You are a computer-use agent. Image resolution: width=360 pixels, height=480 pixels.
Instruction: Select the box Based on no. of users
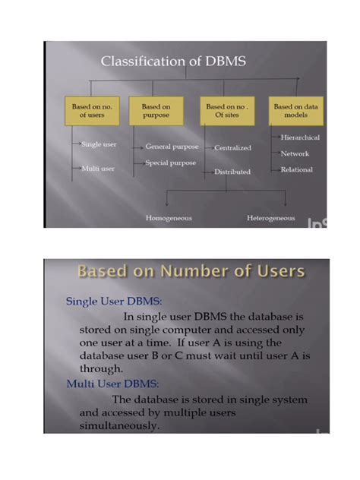[x=91, y=112]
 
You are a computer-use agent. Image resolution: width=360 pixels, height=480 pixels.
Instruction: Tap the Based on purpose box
[x=156, y=112]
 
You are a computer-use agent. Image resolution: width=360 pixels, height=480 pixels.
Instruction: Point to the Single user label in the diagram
[x=98, y=144]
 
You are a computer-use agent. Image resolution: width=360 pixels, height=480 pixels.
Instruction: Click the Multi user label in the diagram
[x=97, y=168]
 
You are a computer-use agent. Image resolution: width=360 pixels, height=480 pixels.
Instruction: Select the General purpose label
[x=172, y=146]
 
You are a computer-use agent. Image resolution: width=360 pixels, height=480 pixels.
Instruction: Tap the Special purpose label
[x=171, y=163]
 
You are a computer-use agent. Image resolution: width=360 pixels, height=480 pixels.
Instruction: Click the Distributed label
[x=232, y=172]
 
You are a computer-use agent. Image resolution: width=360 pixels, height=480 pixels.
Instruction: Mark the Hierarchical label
[x=300, y=137]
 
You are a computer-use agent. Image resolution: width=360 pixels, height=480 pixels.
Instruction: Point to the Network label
[x=295, y=153]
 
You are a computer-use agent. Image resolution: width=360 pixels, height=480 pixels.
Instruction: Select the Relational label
[x=296, y=169]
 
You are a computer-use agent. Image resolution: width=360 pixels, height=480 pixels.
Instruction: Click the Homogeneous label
[x=169, y=218]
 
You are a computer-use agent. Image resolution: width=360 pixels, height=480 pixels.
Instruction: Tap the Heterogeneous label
[x=270, y=218]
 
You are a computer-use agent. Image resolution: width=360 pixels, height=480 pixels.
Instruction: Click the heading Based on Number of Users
[x=191, y=272]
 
